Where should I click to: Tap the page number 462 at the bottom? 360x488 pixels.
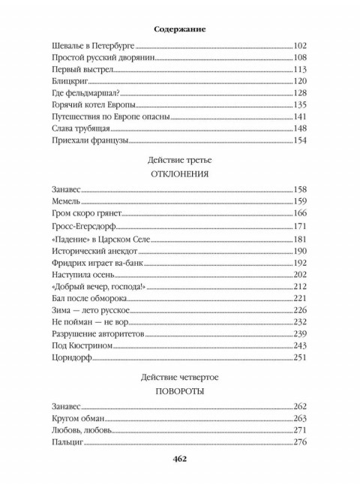click(179, 459)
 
